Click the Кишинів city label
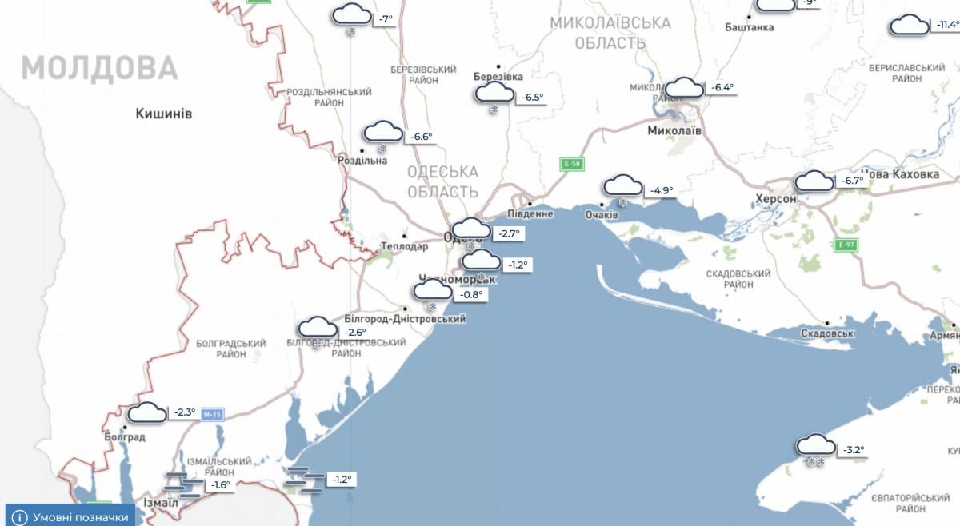(x=164, y=114)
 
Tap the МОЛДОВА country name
(x=99, y=68)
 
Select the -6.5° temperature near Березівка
(x=532, y=98)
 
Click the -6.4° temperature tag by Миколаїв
(x=722, y=88)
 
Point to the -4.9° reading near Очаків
(x=661, y=190)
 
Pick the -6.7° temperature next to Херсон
(x=851, y=181)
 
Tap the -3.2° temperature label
(x=852, y=450)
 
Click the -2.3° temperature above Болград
(x=183, y=412)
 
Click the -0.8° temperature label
(x=471, y=294)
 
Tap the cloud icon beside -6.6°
(x=384, y=133)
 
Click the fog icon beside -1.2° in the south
(x=306, y=479)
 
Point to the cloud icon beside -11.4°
(x=910, y=25)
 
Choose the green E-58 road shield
(x=571, y=165)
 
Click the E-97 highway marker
(x=846, y=245)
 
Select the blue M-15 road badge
(x=211, y=415)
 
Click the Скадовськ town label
(x=829, y=333)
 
